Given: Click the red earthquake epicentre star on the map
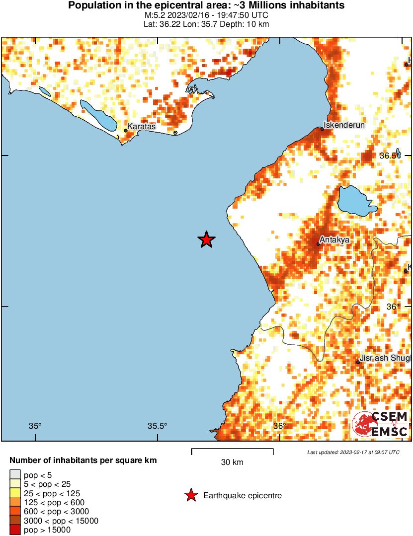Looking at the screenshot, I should (206, 239).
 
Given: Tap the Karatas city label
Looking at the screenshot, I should (141, 127).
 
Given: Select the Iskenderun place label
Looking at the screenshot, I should (344, 125).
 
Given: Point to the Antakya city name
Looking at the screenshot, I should (334, 239).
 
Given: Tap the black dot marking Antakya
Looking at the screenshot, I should (318, 244).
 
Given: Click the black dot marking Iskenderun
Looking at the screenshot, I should (322, 129).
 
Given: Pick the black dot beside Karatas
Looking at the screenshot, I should (126, 131).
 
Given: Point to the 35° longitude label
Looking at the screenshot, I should (35, 426).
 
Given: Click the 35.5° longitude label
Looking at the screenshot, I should (158, 426).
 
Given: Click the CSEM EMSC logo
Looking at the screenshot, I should (380, 424).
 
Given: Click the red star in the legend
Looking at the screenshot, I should (190, 495).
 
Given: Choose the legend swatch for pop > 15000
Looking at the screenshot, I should (15, 530).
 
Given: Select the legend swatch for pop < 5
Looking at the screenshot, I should (15, 475).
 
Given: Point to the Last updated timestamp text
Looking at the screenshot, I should (353, 452).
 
